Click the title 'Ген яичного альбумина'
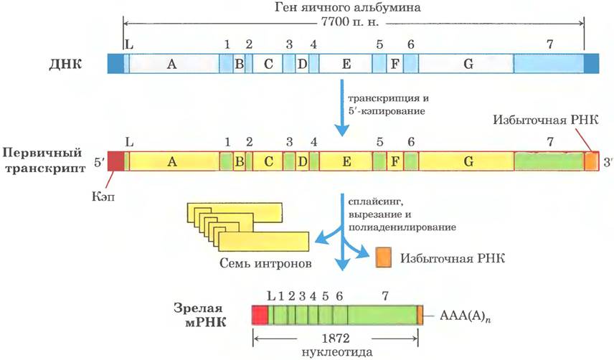tap(347, 7)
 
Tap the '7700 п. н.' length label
tap(350, 22)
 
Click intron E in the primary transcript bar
tap(346, 161)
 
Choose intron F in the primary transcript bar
tap(395, 161)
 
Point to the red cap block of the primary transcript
tap(116, 161)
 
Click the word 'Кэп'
tap(103, 195)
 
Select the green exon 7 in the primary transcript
tap(549, 161)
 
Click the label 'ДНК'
tap(65, 64)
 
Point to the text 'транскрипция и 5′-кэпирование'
tap(387, 105)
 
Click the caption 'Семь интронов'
tap(265, 263)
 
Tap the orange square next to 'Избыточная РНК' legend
tap(383, 257)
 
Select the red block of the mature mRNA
tap(260, 315)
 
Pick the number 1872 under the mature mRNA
tap(336, 338)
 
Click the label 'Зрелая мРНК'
tap(199, 315)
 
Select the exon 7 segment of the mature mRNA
tap(382, 315)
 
